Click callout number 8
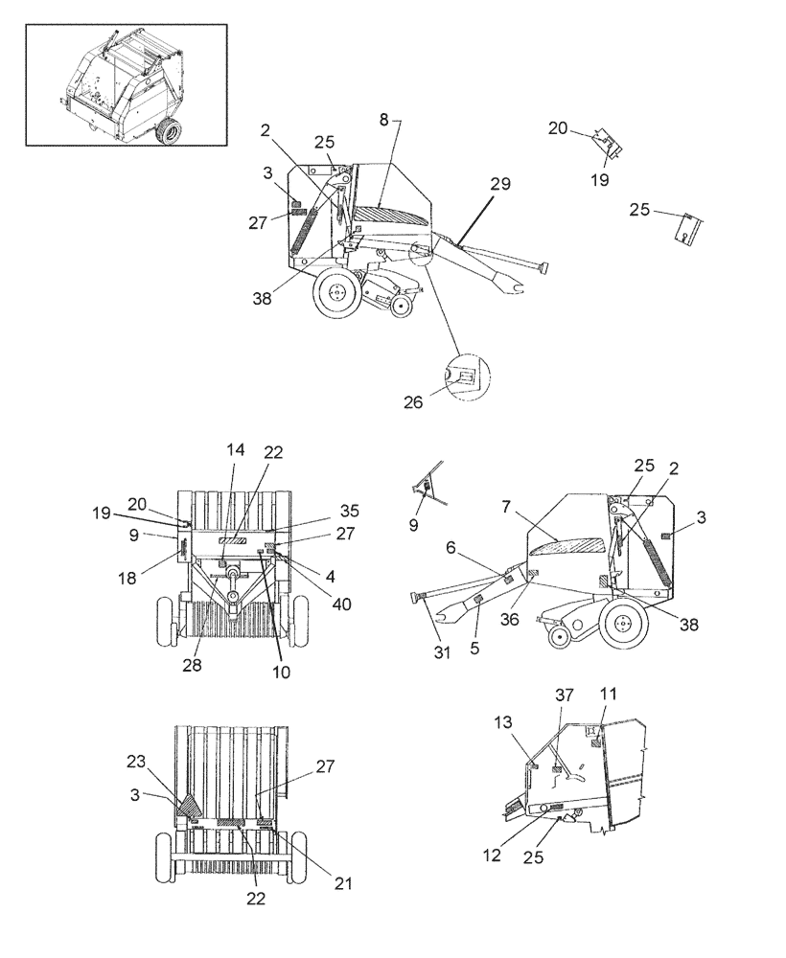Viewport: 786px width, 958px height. tap(384, 121)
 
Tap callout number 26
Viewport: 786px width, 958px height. tap(412, 402)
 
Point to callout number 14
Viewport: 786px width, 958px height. tap(236, 449)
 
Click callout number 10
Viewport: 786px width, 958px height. tap(281, 673)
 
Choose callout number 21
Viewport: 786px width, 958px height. tap(342, 883)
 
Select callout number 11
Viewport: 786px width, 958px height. tap(609, 693)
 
